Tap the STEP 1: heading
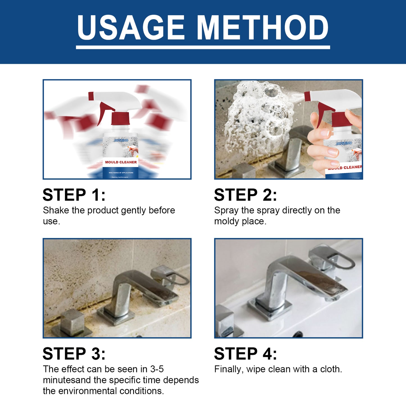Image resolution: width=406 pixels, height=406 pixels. click(74, 195)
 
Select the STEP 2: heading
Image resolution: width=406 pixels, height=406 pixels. click(245, 195)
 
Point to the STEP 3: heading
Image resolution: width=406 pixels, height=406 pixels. click(74, 353)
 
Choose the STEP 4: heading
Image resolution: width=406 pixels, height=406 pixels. click(245, 353)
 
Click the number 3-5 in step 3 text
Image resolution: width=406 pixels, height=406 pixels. click(157, 369)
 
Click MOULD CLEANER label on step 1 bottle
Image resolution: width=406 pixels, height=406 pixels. click(121, 162)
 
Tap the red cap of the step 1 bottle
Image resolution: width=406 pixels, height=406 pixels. click(120, 119)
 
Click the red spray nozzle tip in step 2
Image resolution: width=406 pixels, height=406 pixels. click(307, 96)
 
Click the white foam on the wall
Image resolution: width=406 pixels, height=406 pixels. click(258, 118)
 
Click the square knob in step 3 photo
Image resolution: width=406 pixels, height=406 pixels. click(72, 322)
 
